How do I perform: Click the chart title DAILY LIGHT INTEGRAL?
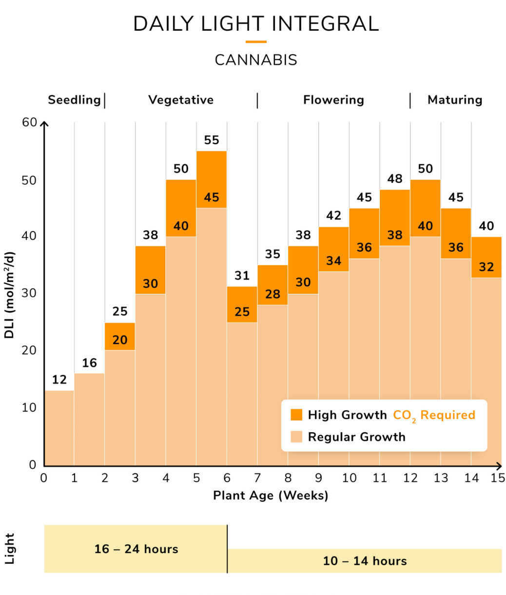(256, 24)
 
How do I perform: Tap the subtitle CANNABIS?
(256, 60)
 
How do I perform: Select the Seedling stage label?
(74, 100)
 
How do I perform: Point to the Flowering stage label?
(333, 100)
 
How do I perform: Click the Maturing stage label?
(455, 100)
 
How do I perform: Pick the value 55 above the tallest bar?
(212, 140)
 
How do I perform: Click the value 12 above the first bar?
(59, 380)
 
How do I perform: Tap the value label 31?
(242, 276)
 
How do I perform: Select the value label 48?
(395, 179)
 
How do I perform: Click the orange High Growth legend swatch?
(296, 415)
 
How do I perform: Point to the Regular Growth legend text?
(356, 437)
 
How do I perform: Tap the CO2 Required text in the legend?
(434, 415)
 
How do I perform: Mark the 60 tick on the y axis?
(30, 122)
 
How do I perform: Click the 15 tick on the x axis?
(498, 478)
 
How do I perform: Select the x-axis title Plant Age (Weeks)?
(271, 496)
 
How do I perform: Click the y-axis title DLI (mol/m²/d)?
(9, 295)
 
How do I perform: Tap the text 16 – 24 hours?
(136, 549)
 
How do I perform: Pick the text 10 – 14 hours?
(365, 561)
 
